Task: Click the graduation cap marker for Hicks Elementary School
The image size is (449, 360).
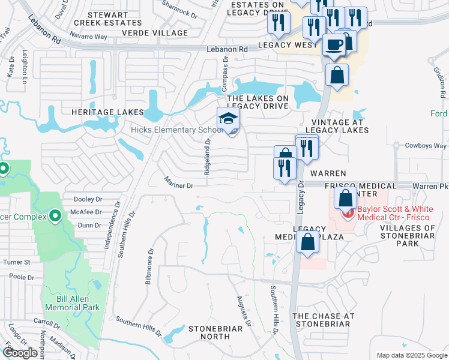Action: click(x=228, y=119)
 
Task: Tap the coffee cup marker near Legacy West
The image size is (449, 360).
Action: click(x=334, y=44)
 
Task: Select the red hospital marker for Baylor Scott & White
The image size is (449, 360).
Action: click(x=346, y=212)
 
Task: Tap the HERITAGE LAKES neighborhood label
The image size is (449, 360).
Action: click(x=107, y=112)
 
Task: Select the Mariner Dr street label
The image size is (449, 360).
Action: click(x=179, y=185)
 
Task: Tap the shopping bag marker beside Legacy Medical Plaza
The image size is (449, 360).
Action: click(x=308, y=243)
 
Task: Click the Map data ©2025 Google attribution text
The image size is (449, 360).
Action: click(x=411, y=355)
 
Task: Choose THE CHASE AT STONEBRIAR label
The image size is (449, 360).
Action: click(x=323, y=320)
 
